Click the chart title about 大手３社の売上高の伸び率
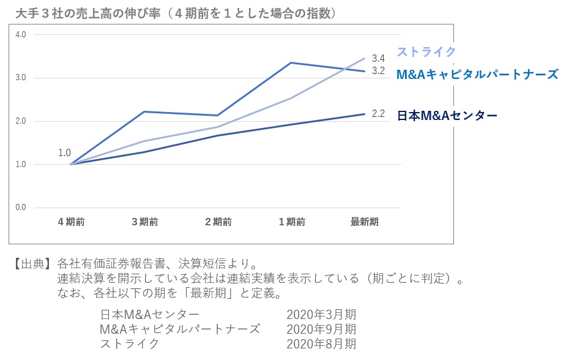pyautogui.click(x=177, y=13)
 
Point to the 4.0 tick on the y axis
pyautogui.click(x=21, y=34)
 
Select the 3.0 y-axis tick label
pyautogui.click(x=21, y=78)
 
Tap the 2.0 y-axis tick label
pyautogui.click(x=21, y=121)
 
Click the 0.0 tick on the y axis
pyautogui.click(x=21, y=208)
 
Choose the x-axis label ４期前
pyautogui.click(x=72, y=222)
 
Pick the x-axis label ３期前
pyautogui.click(x=145, y=222)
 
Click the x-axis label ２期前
pyautogui.click(x=218, y=222)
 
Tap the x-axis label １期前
pyautogui.click(x=292, y=222)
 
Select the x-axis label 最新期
pyautogui.click(x=365, y=222)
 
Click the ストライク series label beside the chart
pyautogui.click(x=426, y=52)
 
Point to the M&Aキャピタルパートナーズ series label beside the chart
pyautogui.click(x=477, y=74)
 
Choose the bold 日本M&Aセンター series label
pyautogui.click(x=447, y=115)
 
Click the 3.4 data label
pyautogui.click(x=378, y=59)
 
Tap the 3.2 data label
pyautogui.click(x=378, y=71)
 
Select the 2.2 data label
pyautogui.click(x=378, y=113)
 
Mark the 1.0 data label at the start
pyautogui.click(x=64, y=152)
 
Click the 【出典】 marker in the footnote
pyautogui.click(x=31, y=264)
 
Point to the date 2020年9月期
pyautogui.click(x=321, y=329)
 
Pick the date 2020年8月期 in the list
pyautogui.click(x=321, y=343)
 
